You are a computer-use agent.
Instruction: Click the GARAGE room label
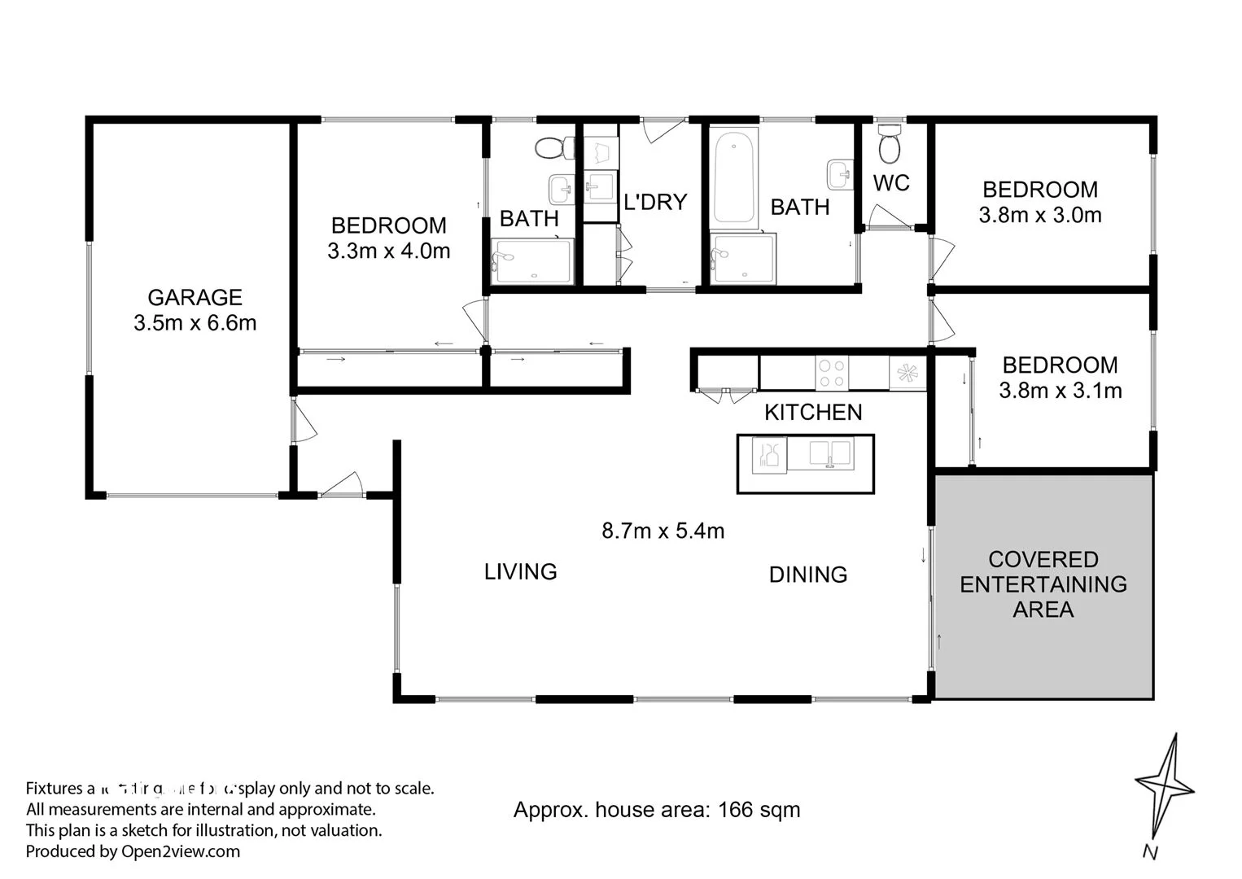(195, 298)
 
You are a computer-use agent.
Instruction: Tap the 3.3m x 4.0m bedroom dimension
(388, 251)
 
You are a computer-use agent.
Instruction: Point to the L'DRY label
(655, 202)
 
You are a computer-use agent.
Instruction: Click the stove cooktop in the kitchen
(831, 374)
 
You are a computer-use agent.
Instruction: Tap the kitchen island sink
(829, 453)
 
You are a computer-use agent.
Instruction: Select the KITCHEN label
(813, 413)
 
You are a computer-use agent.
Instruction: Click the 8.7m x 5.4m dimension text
(663, 531)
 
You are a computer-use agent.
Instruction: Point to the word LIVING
(520, 572)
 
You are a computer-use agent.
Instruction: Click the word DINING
(808, 575)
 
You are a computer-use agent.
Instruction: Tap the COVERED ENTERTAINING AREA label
(1043, 584)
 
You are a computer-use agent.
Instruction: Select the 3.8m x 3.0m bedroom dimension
(1040, 216)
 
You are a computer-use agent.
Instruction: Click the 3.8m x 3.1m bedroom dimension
(1060, 391)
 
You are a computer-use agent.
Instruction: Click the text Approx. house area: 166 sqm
(657, 810)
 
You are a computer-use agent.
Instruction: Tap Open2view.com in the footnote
(181, 851)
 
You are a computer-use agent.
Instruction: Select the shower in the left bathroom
(532, 261)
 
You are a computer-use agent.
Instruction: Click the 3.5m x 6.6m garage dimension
(195, 323)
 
